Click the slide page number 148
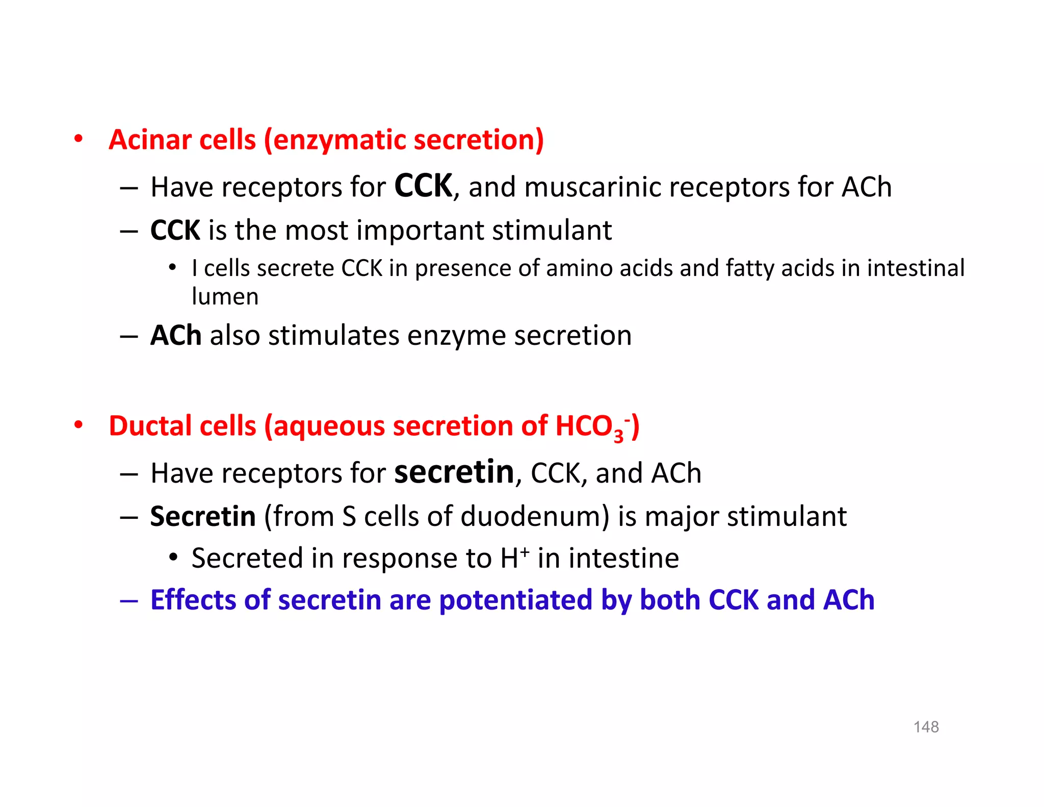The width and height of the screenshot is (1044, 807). tap(926, 726)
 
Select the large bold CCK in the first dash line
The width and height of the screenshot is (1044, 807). tap(423, 186)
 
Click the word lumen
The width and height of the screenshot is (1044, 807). tap(225, 296)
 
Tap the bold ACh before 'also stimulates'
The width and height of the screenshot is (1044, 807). tap(176, 336)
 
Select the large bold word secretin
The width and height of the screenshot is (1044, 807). tap(454, 472)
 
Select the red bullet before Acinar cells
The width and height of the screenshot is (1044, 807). tap(78, 139)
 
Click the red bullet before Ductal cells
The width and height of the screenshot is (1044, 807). tap(78, 425)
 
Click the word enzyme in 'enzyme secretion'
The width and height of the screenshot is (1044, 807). tap(456, 336)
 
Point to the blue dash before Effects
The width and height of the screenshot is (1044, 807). tap(129, 601)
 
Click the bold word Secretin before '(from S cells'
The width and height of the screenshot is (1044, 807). tap(203, 516)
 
